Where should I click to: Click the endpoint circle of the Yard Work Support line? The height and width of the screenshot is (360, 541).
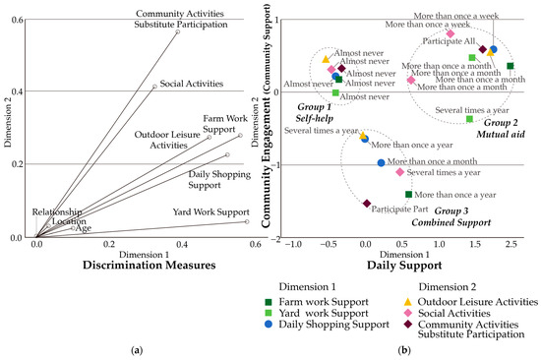[247, 221]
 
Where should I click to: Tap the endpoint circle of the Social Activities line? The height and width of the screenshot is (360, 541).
[154, 87]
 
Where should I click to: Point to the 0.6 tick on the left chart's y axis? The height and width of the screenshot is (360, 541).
[21, 19]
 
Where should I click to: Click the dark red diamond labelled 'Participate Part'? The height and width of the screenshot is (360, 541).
[367, 204]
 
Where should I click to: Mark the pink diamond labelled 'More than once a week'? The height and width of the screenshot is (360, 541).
[450, 33]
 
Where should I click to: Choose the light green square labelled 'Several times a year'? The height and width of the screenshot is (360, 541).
[470, 119]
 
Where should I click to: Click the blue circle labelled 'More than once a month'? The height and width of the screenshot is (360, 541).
[382, 163]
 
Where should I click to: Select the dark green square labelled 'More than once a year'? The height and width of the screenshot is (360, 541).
[408, 195]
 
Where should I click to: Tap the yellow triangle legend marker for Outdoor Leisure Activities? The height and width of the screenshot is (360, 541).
[405, 299]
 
